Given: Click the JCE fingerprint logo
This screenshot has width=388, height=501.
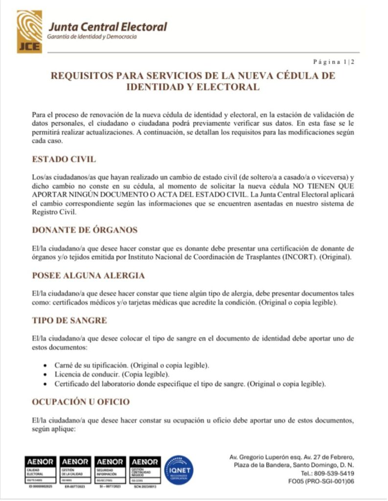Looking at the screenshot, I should tap(30, 31).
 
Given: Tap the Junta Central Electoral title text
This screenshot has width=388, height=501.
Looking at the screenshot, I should tap(107, 27).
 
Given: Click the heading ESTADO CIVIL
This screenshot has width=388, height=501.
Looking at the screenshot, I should tap(64, 160).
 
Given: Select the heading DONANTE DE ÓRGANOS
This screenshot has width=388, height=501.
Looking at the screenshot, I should tap(84, 230).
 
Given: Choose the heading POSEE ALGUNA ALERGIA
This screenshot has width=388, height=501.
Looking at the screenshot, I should tap(88, 275).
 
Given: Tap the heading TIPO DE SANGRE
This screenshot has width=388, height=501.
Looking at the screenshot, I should tap(69, 320).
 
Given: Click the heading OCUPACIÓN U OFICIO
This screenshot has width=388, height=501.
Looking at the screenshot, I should tap(81, 402).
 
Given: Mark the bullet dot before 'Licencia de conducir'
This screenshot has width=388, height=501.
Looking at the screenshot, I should tap(45, 374).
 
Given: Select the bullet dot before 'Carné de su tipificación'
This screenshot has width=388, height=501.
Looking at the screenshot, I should tap(45, 365).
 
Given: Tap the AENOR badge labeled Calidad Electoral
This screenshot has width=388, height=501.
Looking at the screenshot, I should tap(40, 469).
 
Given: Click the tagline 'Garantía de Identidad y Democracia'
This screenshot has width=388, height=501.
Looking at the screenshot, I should tap(91, 37).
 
